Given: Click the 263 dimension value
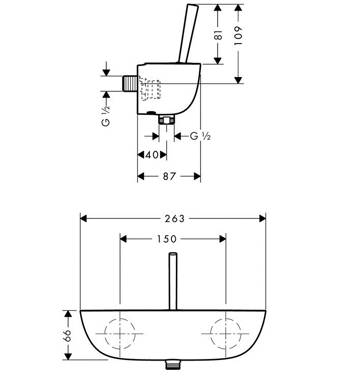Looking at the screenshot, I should pos(174,218).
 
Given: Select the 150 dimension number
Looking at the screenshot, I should pos(166,239).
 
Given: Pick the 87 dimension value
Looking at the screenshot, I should pos(169,176).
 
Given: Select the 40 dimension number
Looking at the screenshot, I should pos(152,155).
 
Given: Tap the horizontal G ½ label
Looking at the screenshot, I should pos(200,136).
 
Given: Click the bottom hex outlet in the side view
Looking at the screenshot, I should pos(167,120).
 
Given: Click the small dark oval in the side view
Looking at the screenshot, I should pos(151,113).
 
